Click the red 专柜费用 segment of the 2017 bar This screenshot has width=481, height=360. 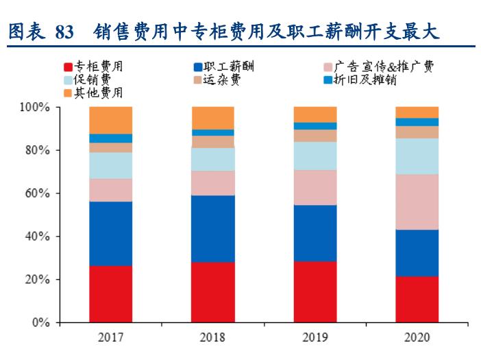[x=110, y=293]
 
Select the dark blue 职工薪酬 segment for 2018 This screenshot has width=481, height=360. [x=213, y=228]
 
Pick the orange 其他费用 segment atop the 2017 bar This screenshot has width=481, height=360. [x=110, y=120]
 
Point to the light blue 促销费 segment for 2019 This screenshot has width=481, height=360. [x=315, y=156]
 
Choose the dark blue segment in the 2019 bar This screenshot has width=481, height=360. [x=315, y=233]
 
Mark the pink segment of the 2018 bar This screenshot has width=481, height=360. [x=213, y=183]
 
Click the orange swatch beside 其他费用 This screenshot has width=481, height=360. [x=68, y=92]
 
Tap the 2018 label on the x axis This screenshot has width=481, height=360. [x=213, y=337]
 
